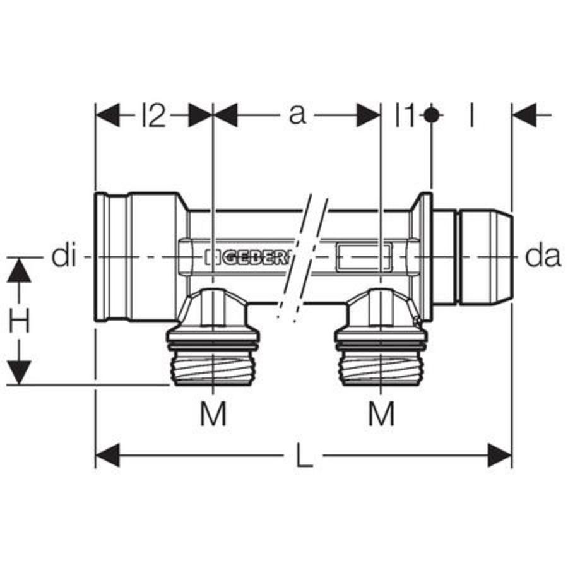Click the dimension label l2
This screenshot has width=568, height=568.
(x=153, y=115)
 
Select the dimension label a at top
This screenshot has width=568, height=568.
(x=297, y=115)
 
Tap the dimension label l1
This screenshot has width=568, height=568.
(x=404, y=115)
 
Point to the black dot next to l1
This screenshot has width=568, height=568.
(x=432, y=115)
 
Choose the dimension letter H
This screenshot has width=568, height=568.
(x=19, y=321)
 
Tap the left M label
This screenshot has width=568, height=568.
(x=213, y=413)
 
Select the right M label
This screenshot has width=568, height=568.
(x=381, y=413)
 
